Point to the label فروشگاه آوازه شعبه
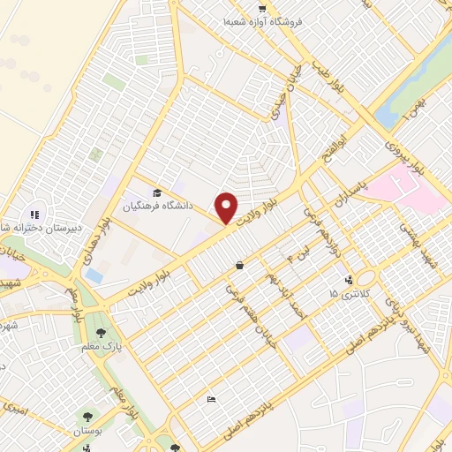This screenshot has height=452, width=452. [262, 20]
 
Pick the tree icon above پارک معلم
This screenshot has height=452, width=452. [102, 333]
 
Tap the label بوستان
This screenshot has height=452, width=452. [87, 429]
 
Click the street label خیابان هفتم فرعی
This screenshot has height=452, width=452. [239, 304]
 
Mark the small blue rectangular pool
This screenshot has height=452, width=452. [94, 275]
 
